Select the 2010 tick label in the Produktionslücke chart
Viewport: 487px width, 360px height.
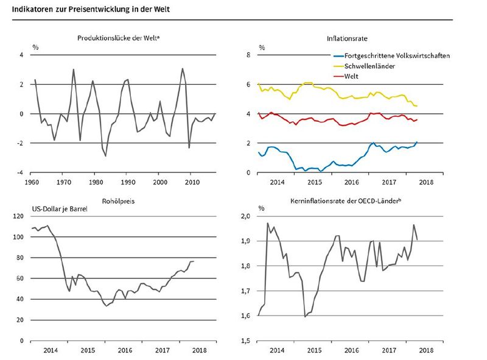(x=191, y=182)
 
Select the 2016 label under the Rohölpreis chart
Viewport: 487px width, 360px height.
(x=125, y=351)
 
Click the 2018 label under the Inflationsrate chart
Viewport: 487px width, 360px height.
(x=426, y=182)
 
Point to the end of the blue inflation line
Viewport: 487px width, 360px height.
(x=417, y=142)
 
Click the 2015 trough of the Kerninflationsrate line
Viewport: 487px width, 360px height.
(x=304, y=317)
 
